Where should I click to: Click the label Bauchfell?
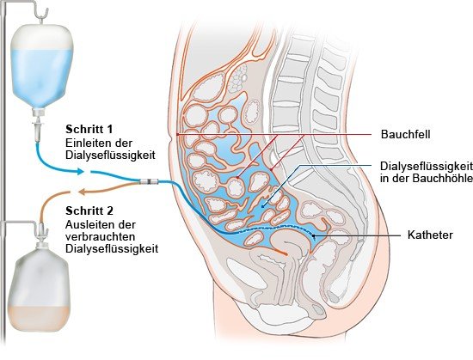tap(405, 134)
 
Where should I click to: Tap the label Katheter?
tap(430, 235)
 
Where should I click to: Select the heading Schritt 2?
tap(89, 211)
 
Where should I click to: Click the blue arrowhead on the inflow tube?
tap(80, 172)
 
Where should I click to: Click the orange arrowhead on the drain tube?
tap(82, 192)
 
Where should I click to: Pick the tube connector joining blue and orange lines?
tap(149, 181)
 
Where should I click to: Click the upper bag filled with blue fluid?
tap(41, 66)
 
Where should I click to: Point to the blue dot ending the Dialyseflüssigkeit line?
tap(262, 207)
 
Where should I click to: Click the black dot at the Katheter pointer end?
tap(313, 235)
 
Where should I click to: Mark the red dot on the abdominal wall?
tap(178, 134)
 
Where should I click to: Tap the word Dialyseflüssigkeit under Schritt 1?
tap(110, 155)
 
